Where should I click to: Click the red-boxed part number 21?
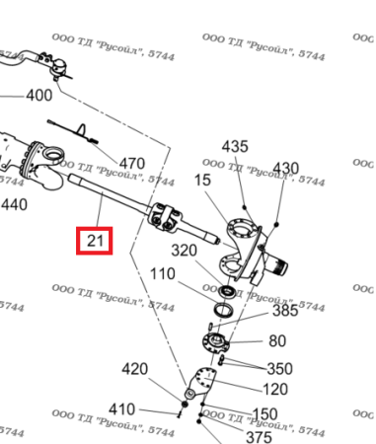click(96, 240)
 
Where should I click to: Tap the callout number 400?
click(38, 96)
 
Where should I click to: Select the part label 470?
click(131, 163)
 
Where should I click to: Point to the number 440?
click(14, 204)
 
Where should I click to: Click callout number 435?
click(235, 146)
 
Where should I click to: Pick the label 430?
click(284, 167)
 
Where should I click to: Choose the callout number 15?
click(202, 181)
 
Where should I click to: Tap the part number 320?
click(186, 250)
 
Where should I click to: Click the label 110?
click(163, 273)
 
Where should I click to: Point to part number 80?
click(277, 341)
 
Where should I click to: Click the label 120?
click(275, 389)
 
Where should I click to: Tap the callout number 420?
click(134, 369)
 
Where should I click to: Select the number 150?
click(265, 413)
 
